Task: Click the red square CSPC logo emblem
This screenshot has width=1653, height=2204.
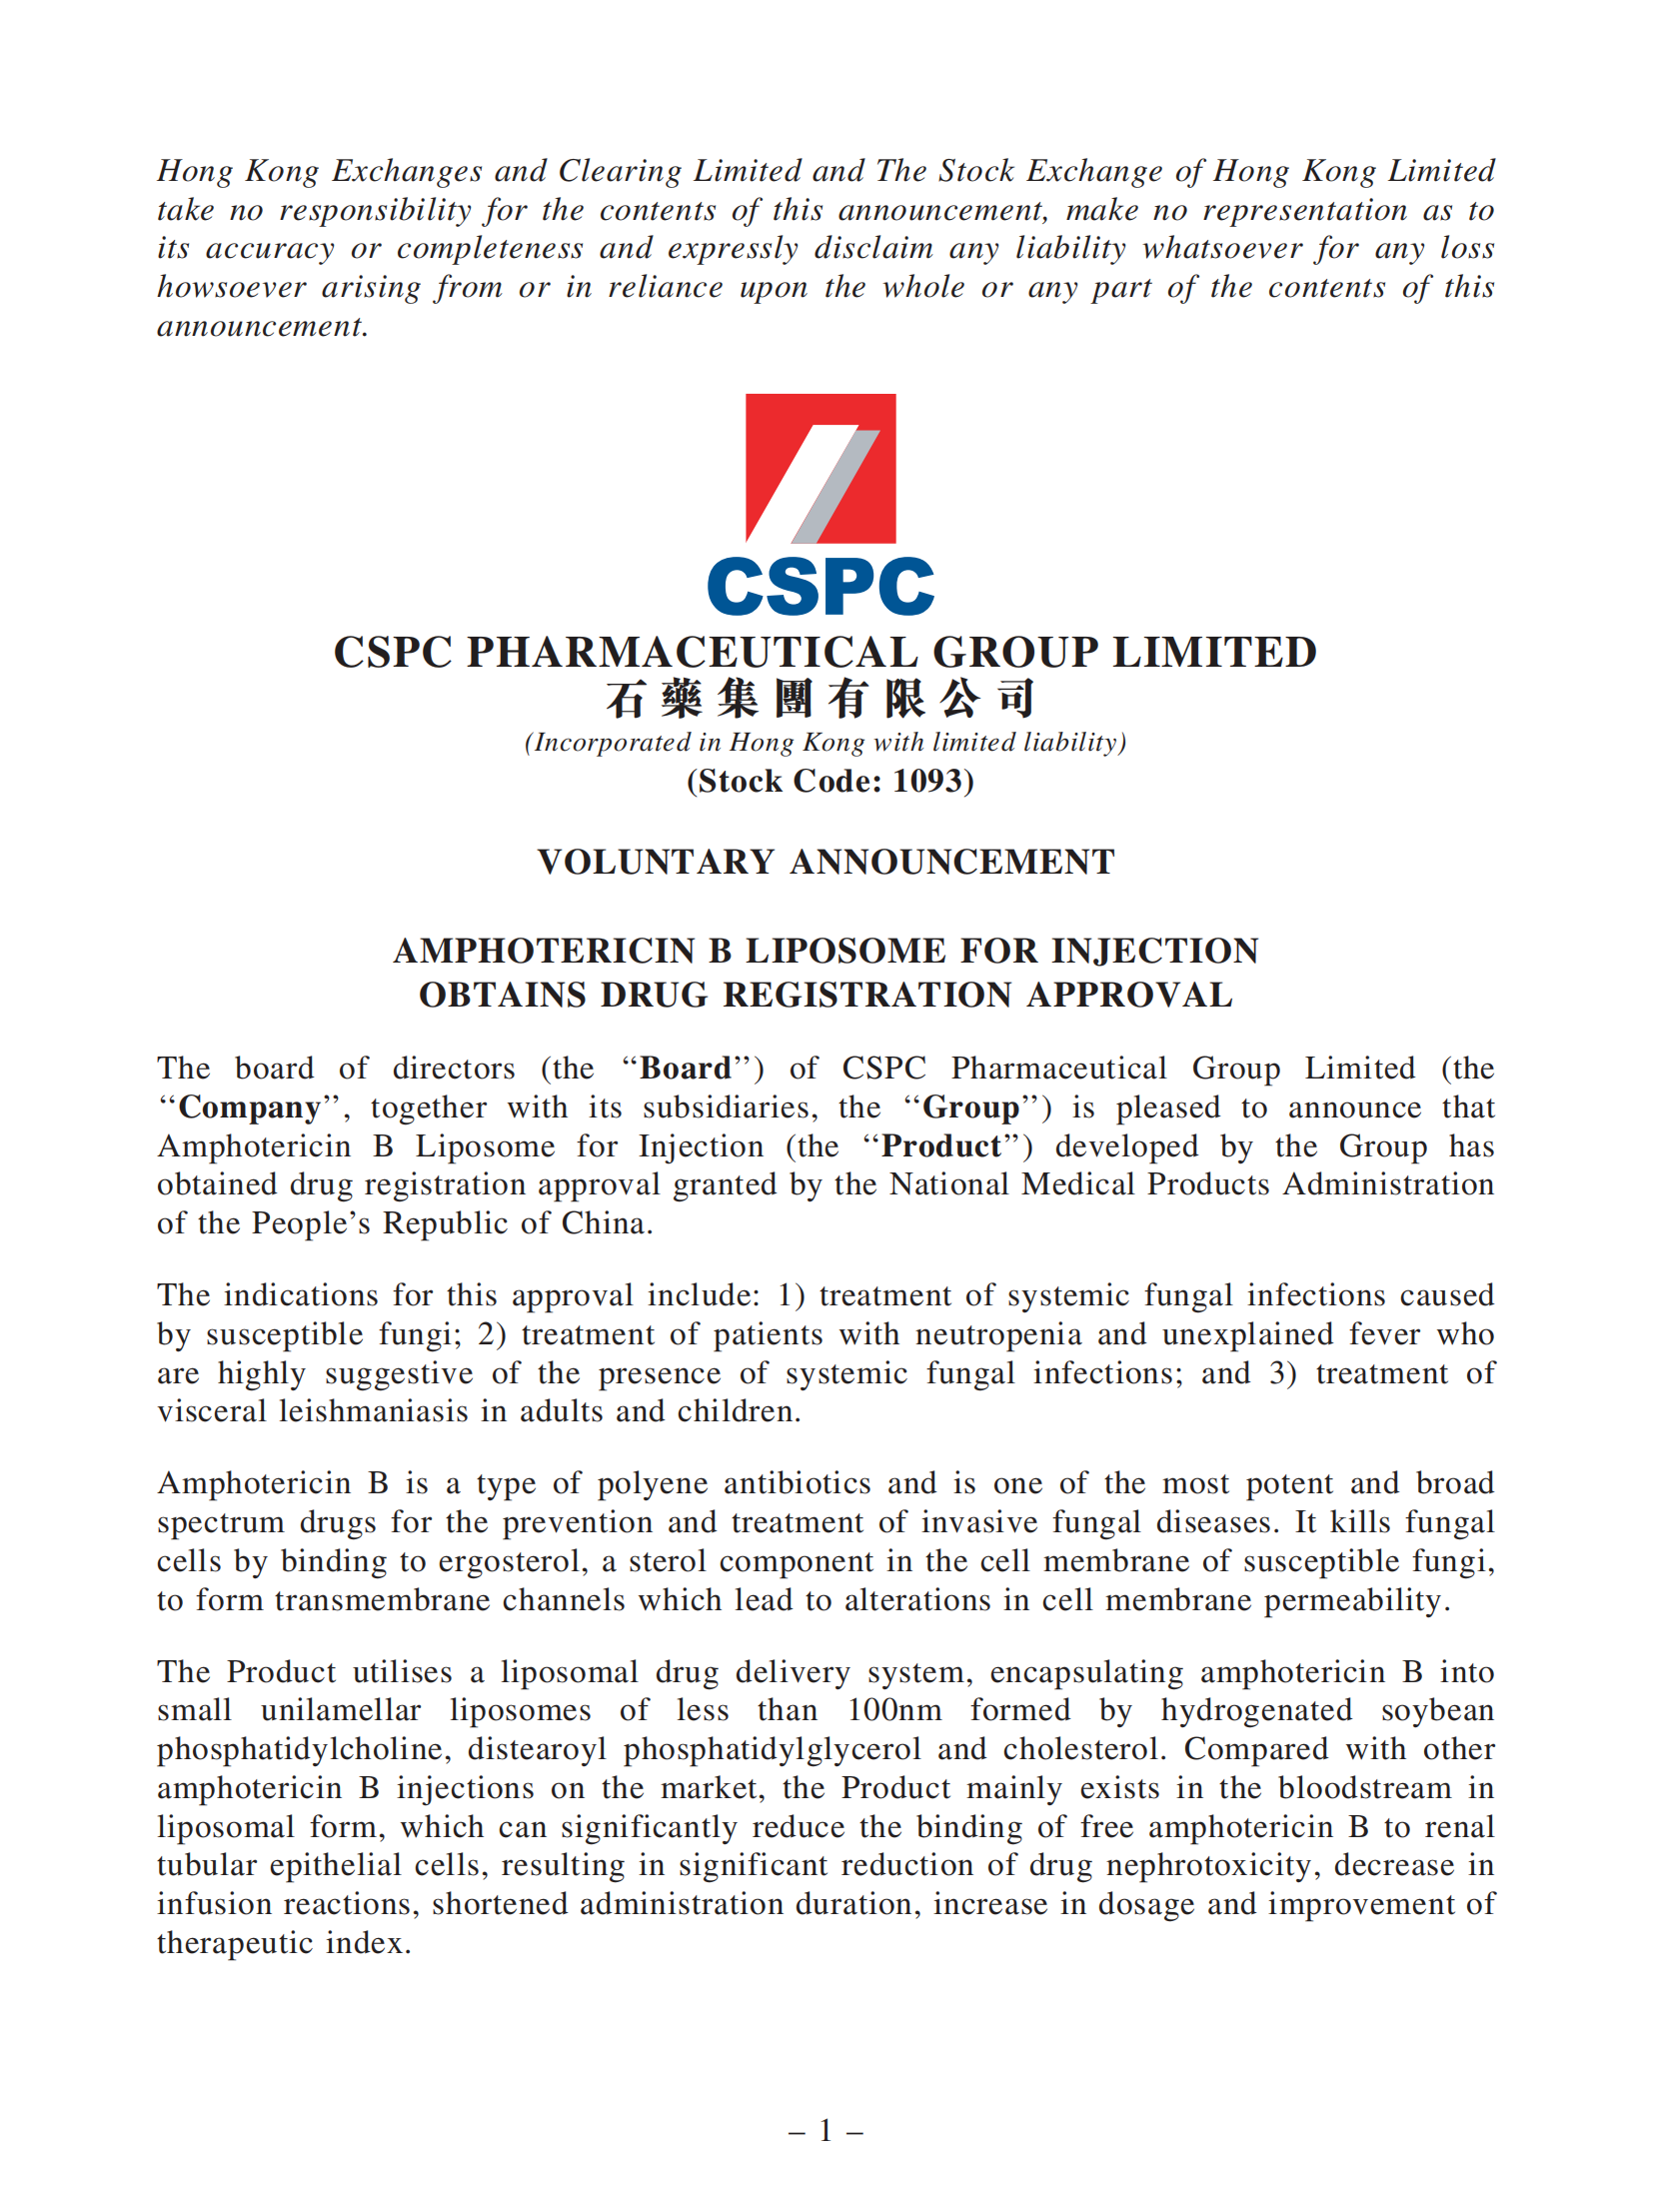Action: (820, 468)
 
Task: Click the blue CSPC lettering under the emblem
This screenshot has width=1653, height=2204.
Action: (820, 587)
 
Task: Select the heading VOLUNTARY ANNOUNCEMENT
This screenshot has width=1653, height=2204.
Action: (826, 862)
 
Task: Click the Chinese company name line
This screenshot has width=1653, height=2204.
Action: (820, 699)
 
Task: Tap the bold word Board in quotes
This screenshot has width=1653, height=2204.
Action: (686, 1069)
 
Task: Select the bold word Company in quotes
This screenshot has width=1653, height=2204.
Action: (250, 1107)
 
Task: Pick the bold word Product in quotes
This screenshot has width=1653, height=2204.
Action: (941, 1146)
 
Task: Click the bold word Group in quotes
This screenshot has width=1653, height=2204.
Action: (970, 1107)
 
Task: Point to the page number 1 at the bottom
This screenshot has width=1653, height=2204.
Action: (826, 2131)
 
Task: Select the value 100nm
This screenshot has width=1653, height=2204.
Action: (894, 1710)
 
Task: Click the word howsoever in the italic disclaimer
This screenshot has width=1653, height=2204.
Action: (231, 288)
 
